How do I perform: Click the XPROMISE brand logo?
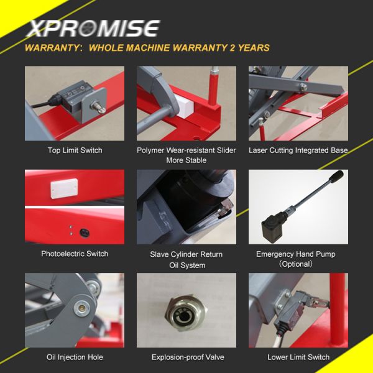pyautogui.click(x=93, y=29)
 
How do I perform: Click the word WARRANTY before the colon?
pyautogui.click(x=52, y=48)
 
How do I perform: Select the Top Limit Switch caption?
pyautogui.click(x=75, y=150)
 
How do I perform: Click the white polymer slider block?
pyautogui.click(x=185, y=106)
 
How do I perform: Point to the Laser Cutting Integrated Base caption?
pyautogui.click(x=298, y=150)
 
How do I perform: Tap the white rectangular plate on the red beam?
pyautogui.click(x=64, y=188)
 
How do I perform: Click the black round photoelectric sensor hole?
pyautogui.click(x=85, y=233)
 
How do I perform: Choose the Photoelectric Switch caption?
pyautogui.click(x=75, y=254)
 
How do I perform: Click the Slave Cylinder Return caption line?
pyautogui.click(x=186, y=254)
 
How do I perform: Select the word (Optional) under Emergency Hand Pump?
pyautogui.click(x=296, y=264)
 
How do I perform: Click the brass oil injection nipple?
pyautogui.click(x=82, y=308)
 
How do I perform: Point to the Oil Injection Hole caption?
pyautogui.click(x=75, y=357)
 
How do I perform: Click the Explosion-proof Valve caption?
pyautogui.click(x=188, y=357)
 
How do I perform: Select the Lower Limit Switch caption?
pyautogui.click(x=298, y=357)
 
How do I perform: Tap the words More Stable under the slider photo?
pyautogui.click(x=186, y=160)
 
